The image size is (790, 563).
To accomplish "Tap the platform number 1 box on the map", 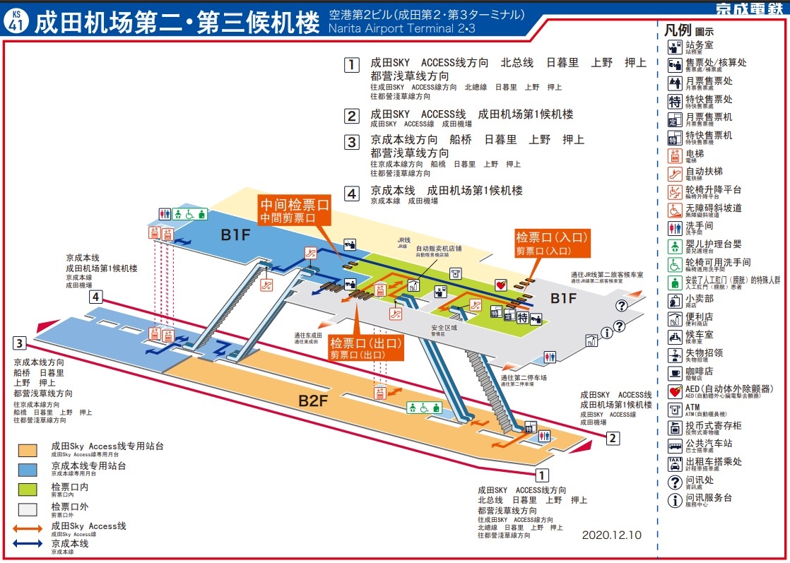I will tap(542, 475).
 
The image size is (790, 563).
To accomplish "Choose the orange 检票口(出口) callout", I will tap(365, 348).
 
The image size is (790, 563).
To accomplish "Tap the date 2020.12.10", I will tap(611, 535).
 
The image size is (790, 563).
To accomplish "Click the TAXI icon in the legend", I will tap(675, 464).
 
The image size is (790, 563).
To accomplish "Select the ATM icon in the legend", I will tap(675, 409).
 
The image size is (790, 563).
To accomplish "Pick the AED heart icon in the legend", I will tap(675, 391).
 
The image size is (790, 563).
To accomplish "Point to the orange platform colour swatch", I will tap(28, 450).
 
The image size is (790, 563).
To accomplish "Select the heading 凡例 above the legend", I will tap(678, 31).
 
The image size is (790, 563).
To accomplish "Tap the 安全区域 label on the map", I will tap(444, 328).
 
